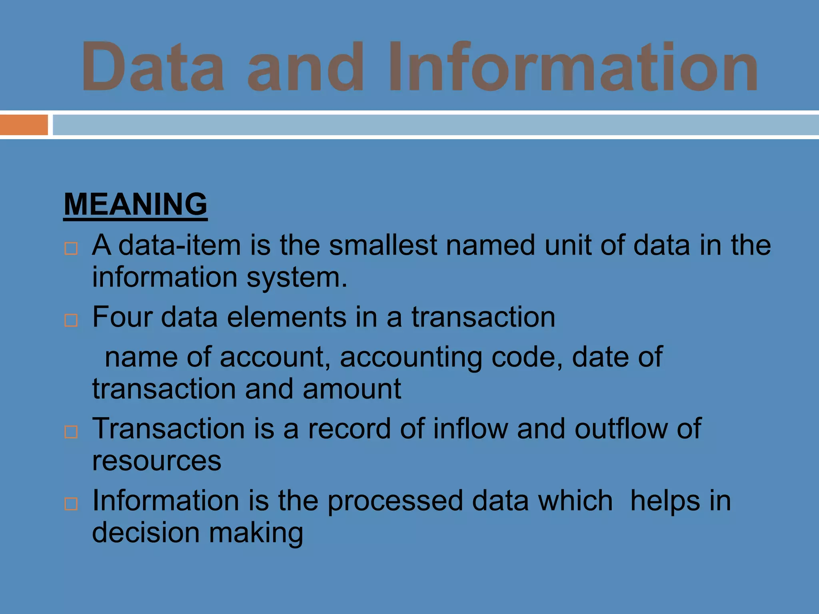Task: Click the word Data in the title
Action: [x=153, y=66]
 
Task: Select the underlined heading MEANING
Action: [x=136, y=204]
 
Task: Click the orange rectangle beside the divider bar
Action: [x=24, y=125]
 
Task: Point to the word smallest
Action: [x=383, y=245]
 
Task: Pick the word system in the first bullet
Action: [x=297, y=277]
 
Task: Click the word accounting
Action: [x=411, y=357]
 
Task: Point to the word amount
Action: [x=352, y=389]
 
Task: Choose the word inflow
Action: [x=470, y=429]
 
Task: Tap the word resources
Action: [x=156, y=461]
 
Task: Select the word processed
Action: [x=395, y=501]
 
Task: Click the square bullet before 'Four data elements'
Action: [x=71, y=320]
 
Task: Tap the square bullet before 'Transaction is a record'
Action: [x=71, y=432]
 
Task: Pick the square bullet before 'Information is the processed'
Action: [x=71, y=504]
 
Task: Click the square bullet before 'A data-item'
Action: [x=71, y=248]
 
